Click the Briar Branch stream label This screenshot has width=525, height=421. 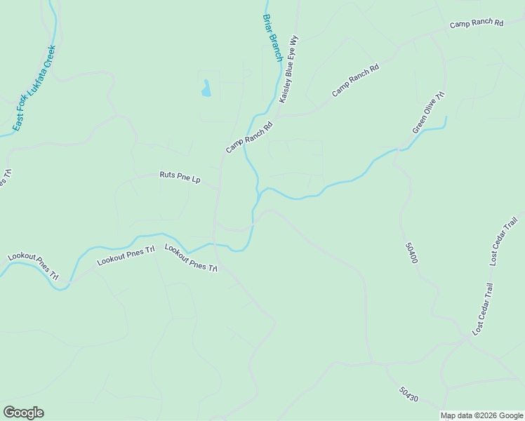272,38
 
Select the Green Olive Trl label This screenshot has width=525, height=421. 429,112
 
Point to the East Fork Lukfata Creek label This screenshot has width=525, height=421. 33,88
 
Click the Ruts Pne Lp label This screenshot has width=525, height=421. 180,178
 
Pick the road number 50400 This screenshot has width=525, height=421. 411,253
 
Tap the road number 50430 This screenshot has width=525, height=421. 408,394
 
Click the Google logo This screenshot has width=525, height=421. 23,413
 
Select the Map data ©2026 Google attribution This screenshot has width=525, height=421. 481,415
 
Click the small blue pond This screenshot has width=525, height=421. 206,89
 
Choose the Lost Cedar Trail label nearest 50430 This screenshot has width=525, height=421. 484,309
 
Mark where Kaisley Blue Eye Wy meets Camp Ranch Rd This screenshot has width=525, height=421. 280,116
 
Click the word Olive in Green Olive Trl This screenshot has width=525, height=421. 430,112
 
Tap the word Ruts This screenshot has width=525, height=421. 167,175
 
